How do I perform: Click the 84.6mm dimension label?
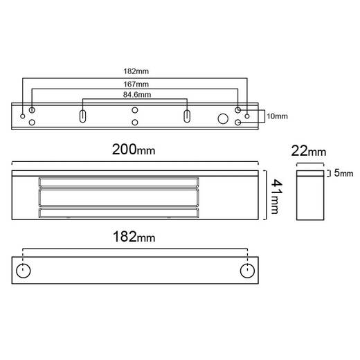click(137, 95)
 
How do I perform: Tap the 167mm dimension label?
click(136, 84)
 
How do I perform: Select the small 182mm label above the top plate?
click(136, 71)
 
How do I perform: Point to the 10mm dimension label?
click(277, 116)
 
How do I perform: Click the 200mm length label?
click(134, 150)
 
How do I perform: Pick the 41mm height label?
click(276, 197)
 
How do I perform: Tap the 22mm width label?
click(309, 151)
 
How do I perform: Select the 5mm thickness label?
click(343, 173)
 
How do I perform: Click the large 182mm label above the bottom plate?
click(134, 237)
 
